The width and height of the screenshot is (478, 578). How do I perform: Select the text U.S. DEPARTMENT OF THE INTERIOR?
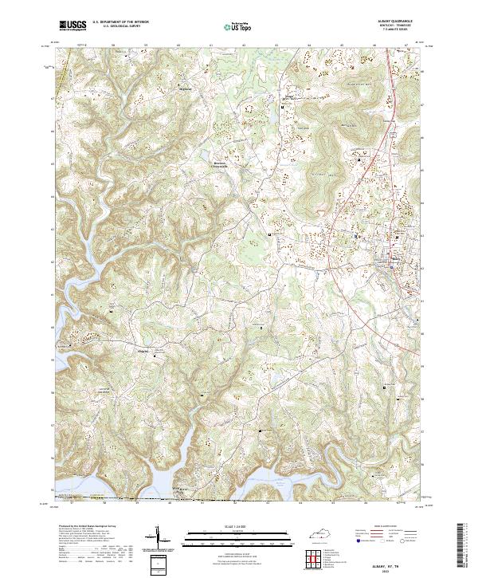[x=120, y=23]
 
